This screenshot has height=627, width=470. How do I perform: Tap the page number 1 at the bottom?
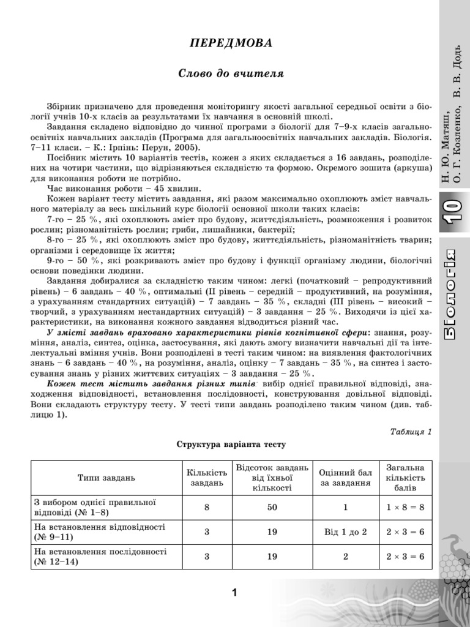(x=234, y=591)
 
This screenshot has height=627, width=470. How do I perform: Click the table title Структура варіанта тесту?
(x=231, y=444)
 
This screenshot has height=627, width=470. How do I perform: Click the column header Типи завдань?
(x=106, y=477)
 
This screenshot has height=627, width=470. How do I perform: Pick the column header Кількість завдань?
(x=207, y=477)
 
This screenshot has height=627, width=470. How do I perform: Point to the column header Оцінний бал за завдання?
(x=345, y=477)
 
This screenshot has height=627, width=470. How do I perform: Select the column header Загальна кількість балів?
(x=405, y=477)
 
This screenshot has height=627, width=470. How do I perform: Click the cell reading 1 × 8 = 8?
(x=405, y=508)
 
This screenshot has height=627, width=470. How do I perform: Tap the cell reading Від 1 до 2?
(x=345, y=532)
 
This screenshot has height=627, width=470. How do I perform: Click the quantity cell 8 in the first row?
(x=207, y=508)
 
